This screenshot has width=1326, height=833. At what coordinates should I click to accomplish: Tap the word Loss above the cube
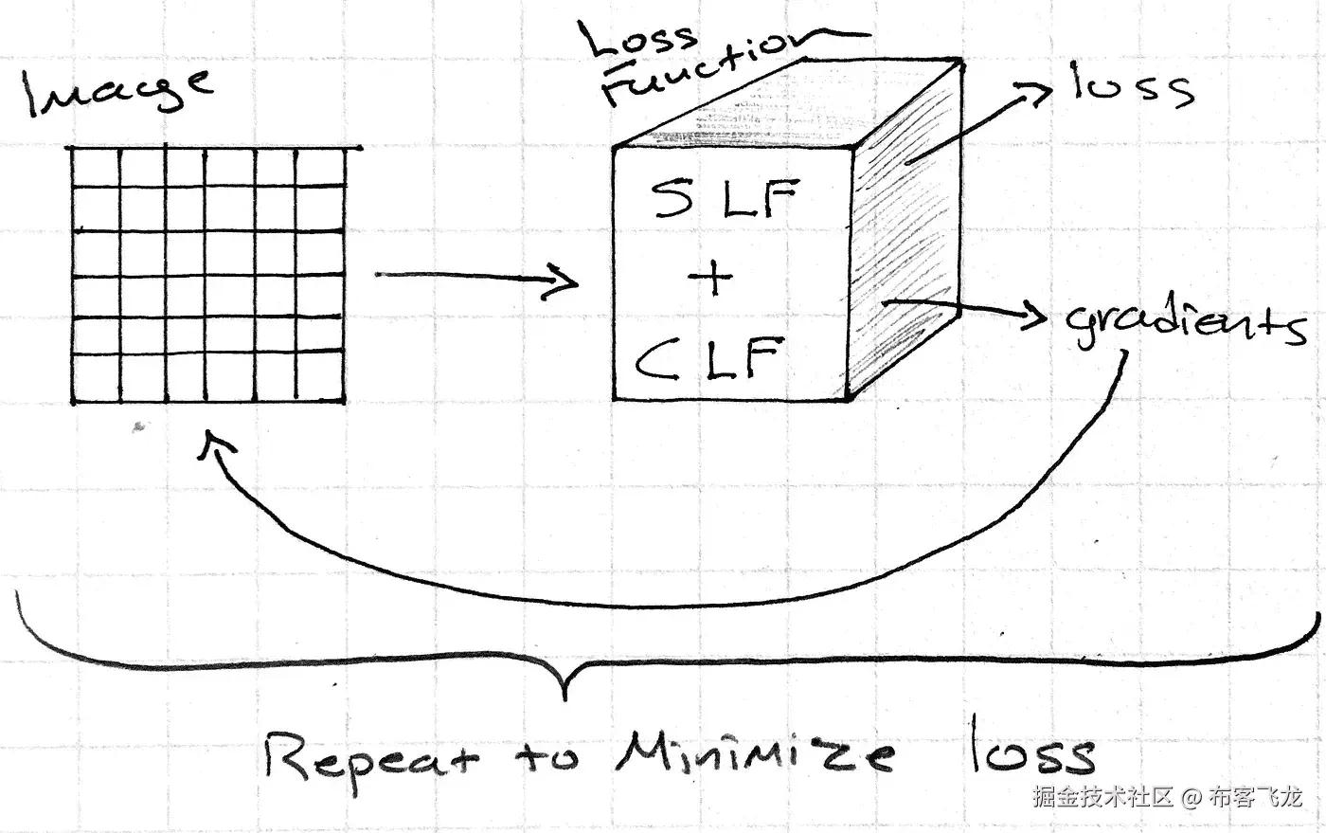pos(639,40)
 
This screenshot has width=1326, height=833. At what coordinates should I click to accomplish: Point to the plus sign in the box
pos(711,279)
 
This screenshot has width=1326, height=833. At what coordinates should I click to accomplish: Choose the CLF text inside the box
pos(710,359)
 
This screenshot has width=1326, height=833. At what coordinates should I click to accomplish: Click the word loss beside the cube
pos(1132,87)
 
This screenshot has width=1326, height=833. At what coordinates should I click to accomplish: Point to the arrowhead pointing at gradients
pos(1035,317)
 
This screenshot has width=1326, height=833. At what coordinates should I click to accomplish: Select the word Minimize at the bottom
pos(754,755)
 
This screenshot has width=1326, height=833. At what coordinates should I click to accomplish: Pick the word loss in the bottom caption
pos(1032,753)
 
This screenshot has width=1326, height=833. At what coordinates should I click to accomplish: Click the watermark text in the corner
pos(1167,797)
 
